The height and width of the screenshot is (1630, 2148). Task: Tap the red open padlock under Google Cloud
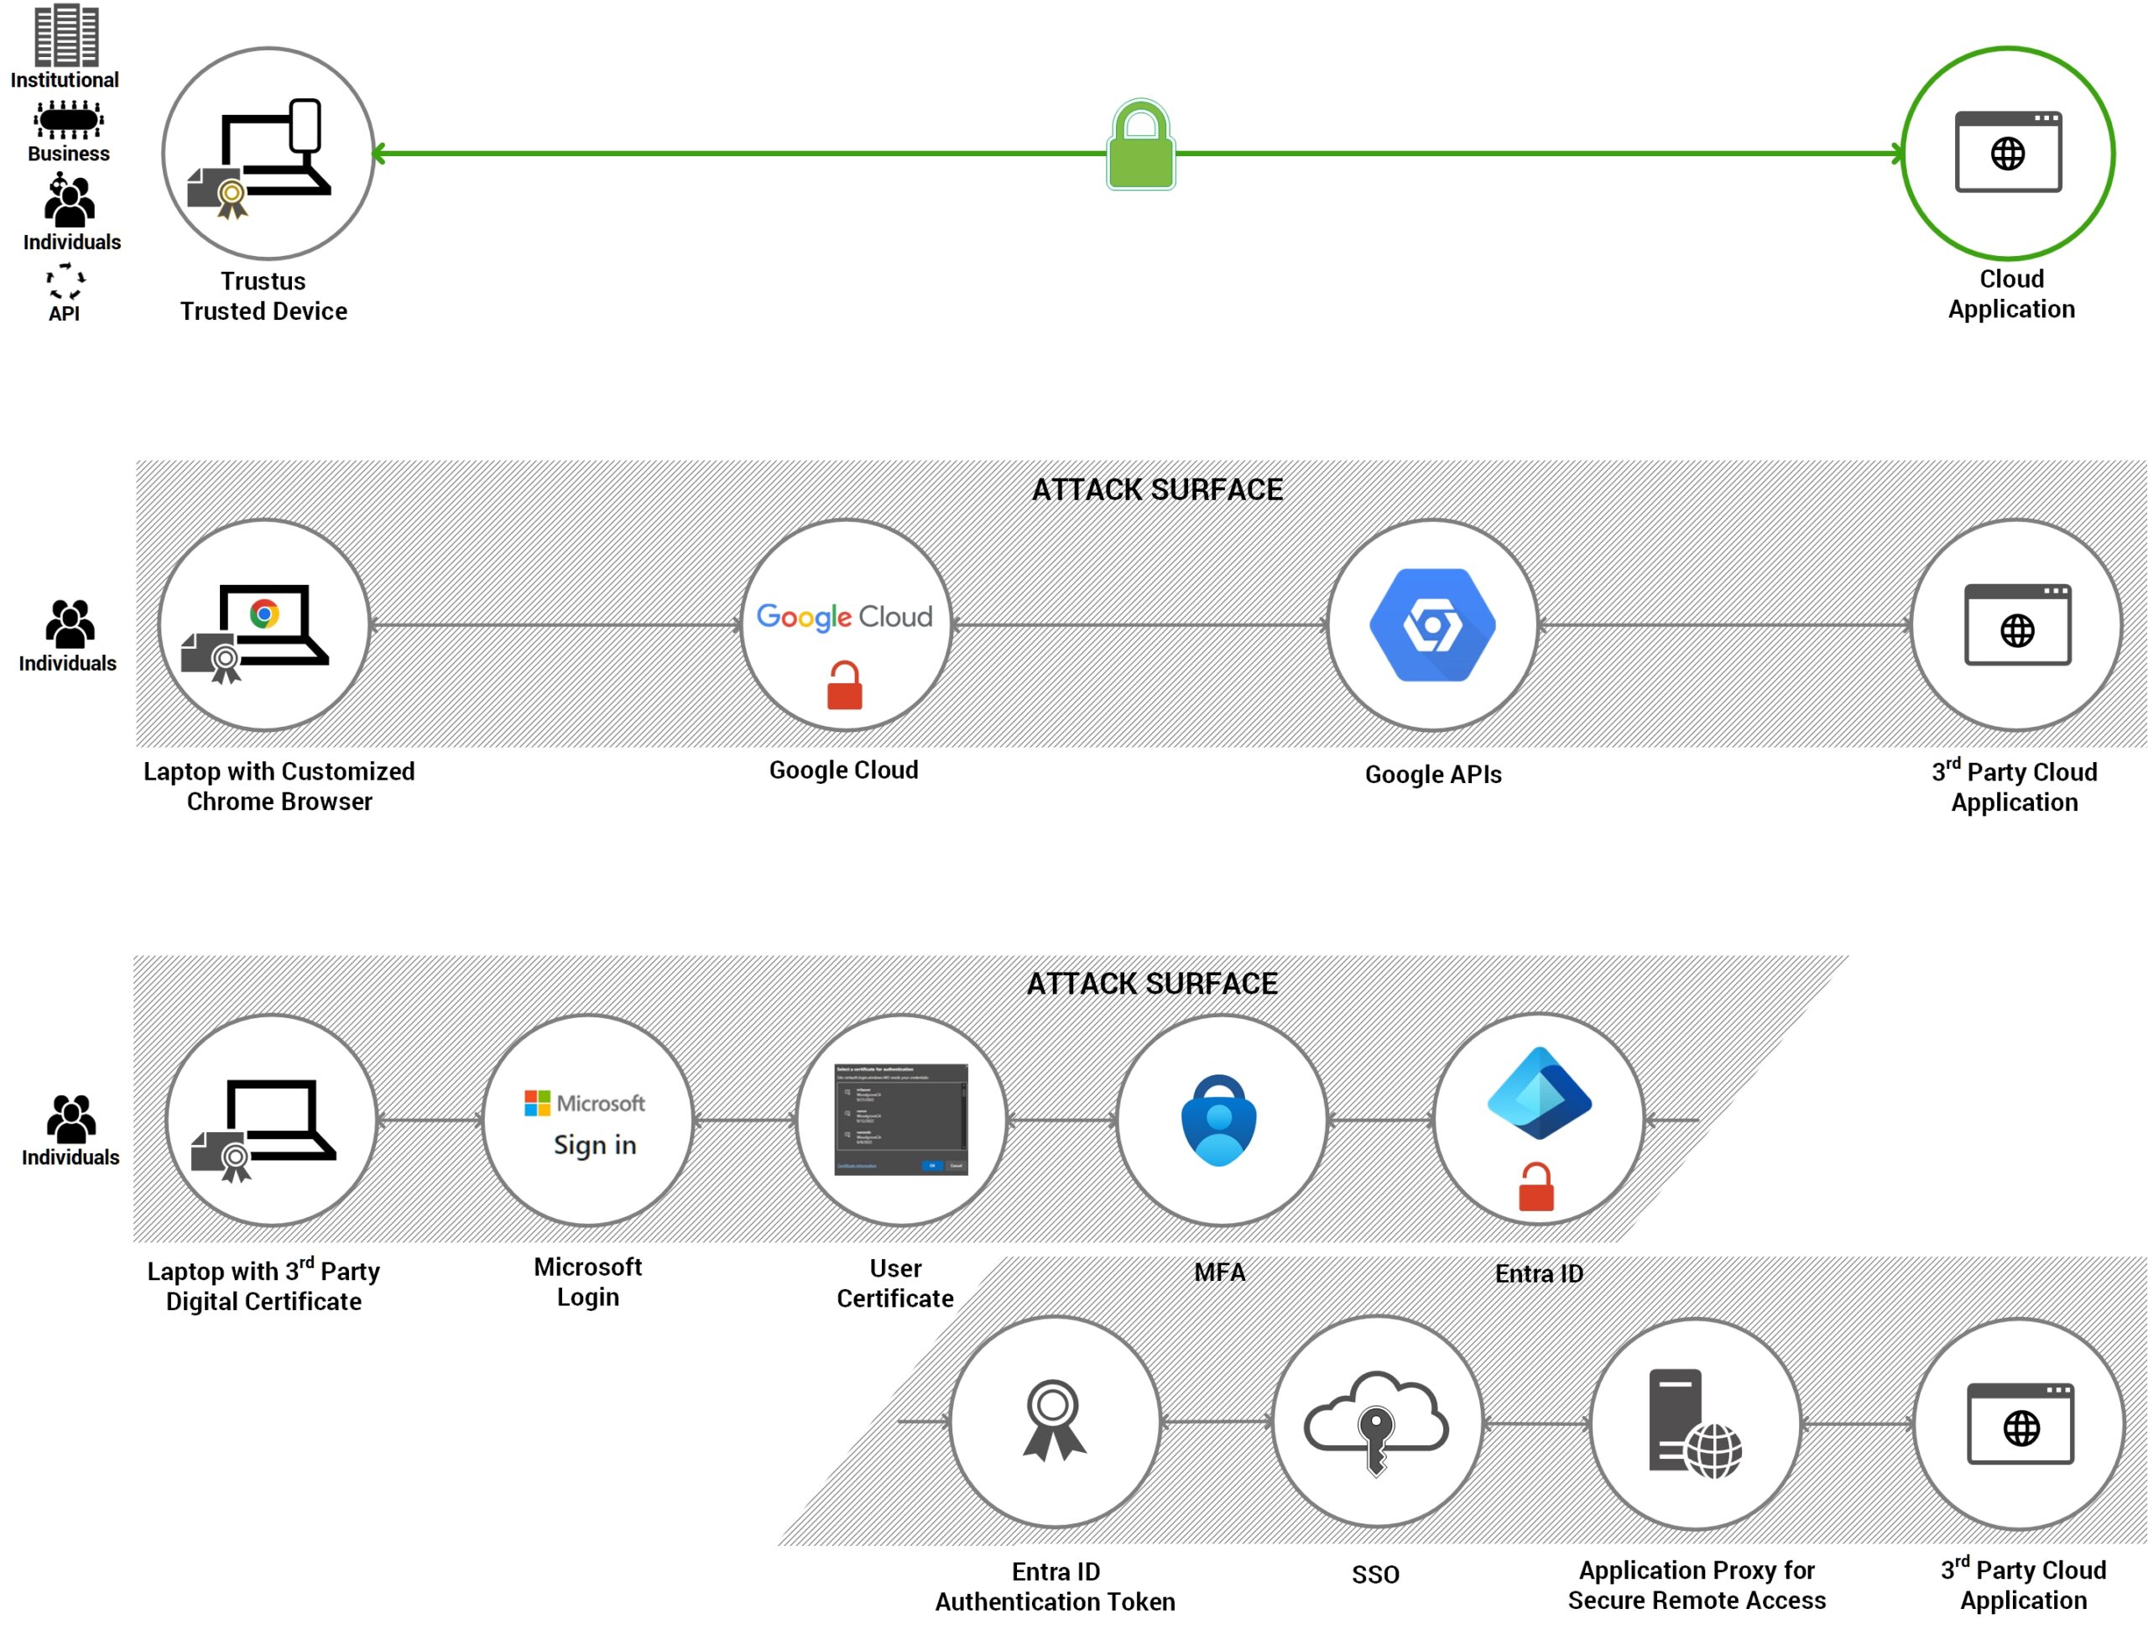[844, 686]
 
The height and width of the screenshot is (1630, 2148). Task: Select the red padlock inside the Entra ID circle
[1536, 1187]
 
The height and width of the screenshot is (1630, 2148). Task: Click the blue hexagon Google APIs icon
[1432, 624]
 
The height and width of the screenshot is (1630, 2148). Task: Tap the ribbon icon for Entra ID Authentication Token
[1054, 1420]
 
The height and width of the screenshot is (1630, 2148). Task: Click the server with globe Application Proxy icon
[1693, 1424]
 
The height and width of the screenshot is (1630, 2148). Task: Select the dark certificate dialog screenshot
[901, 1119]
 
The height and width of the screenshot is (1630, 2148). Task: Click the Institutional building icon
[66, 35]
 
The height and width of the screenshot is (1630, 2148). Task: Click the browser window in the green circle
[2007, 152]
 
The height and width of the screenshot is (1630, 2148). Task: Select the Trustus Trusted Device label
[263, 296]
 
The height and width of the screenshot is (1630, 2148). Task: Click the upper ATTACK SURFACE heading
[1156, 489]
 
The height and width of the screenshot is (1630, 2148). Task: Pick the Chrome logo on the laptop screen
[264, 614]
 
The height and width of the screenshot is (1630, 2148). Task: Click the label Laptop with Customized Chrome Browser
[279, 786]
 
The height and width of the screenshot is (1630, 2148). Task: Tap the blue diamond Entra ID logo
[1538, 1094]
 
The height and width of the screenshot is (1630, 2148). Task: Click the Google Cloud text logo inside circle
[844, 616]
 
